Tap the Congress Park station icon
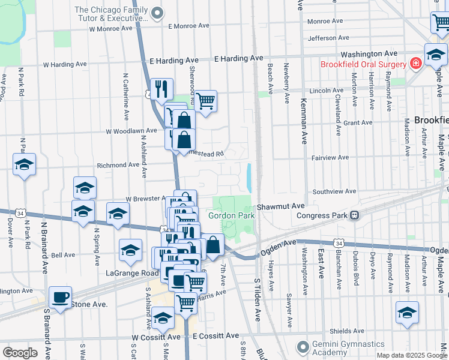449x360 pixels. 355,215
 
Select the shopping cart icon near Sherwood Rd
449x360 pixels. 205,100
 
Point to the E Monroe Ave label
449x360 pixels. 188,26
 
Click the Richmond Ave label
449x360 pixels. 118,165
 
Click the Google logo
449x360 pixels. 20,353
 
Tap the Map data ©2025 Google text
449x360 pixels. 411,355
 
